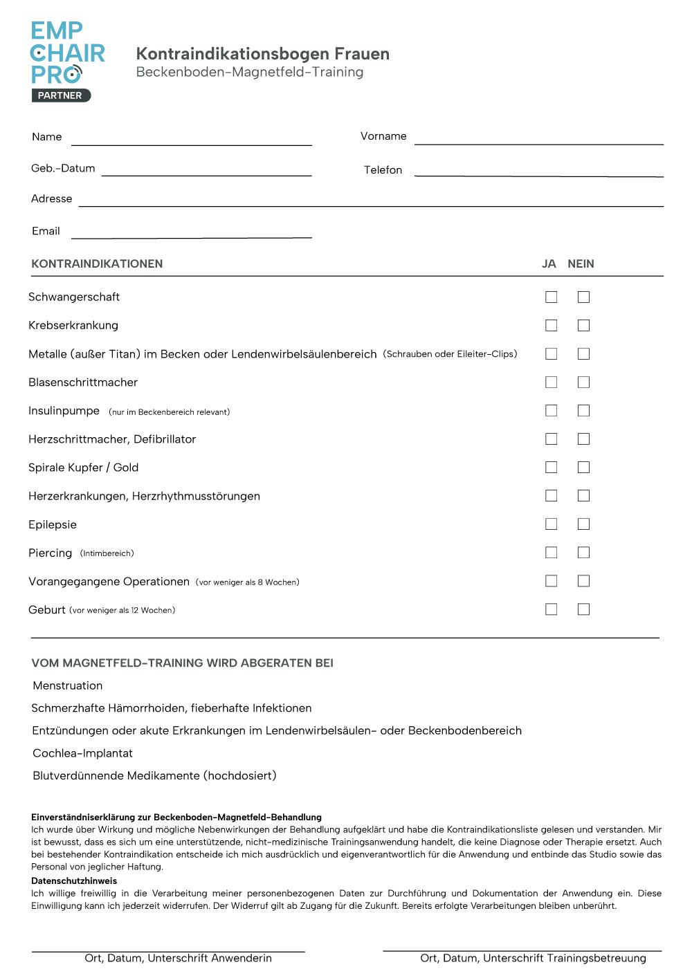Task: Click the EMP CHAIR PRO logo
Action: click(67, 53)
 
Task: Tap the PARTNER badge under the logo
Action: click(61, 95)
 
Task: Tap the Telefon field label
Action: click(383, 170)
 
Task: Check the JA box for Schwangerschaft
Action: click(551, 297)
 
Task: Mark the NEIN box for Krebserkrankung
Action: click(584, 325)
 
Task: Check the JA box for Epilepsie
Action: click(551, 524)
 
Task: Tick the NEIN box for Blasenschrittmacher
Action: click(584, 382)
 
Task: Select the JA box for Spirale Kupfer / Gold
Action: click(551, 468)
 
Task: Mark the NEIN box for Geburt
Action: click(584, 609)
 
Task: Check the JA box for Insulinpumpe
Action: click(551, 411)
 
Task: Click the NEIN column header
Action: click(581, 264)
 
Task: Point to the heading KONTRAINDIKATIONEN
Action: click(97, 264)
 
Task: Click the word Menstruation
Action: click(68, 685)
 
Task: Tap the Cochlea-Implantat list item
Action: click(82, 753)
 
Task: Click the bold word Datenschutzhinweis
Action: click(74, 880)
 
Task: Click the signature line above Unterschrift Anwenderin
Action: click(168, 951)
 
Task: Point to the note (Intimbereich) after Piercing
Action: click(107, 553)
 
